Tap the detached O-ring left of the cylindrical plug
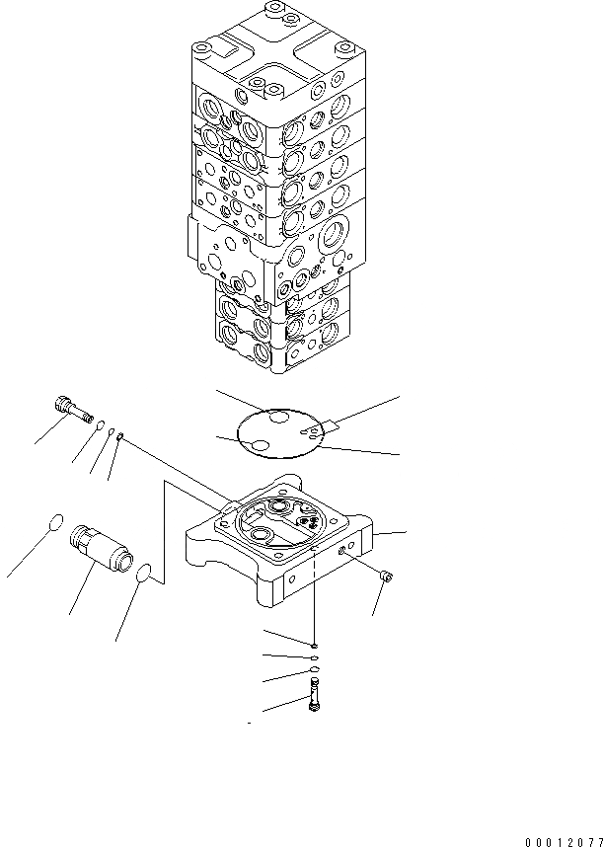pyautogui.click(x=56, y=523)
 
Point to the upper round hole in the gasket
pyautogui.click(x=280, y=420)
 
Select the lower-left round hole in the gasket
pyautogui.click(x=259, y=447)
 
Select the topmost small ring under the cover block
pyautogui.click(x=313, y=645)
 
